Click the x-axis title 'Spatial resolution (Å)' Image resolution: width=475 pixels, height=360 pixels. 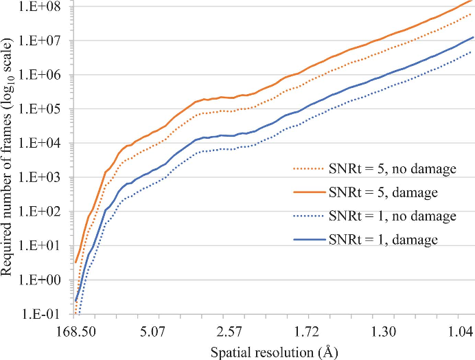(273, 351)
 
